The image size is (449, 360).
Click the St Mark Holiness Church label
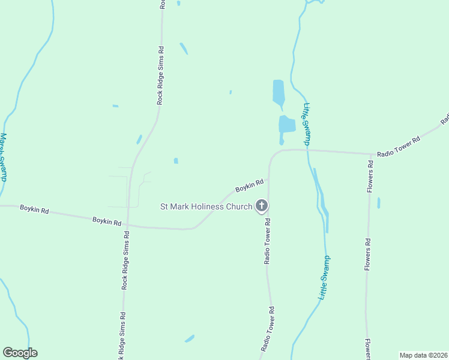coord(206,206)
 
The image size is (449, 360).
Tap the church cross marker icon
coord(261,206)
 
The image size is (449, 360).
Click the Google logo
coord(20,353)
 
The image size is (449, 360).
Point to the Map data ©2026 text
coord(423,355)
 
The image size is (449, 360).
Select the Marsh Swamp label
coord(4,157)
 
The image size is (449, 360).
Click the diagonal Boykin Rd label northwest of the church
coord(249,186)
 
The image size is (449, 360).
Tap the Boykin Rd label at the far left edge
coord(34,209)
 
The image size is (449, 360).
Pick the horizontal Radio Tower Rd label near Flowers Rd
coord(398,146)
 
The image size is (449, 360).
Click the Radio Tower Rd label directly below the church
coord(268,241)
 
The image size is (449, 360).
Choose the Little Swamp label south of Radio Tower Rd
coord(324,278)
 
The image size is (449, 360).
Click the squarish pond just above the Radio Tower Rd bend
coord(286,124)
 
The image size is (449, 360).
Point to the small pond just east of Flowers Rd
coord(378,203)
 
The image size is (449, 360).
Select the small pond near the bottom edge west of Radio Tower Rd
coord(190,338)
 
